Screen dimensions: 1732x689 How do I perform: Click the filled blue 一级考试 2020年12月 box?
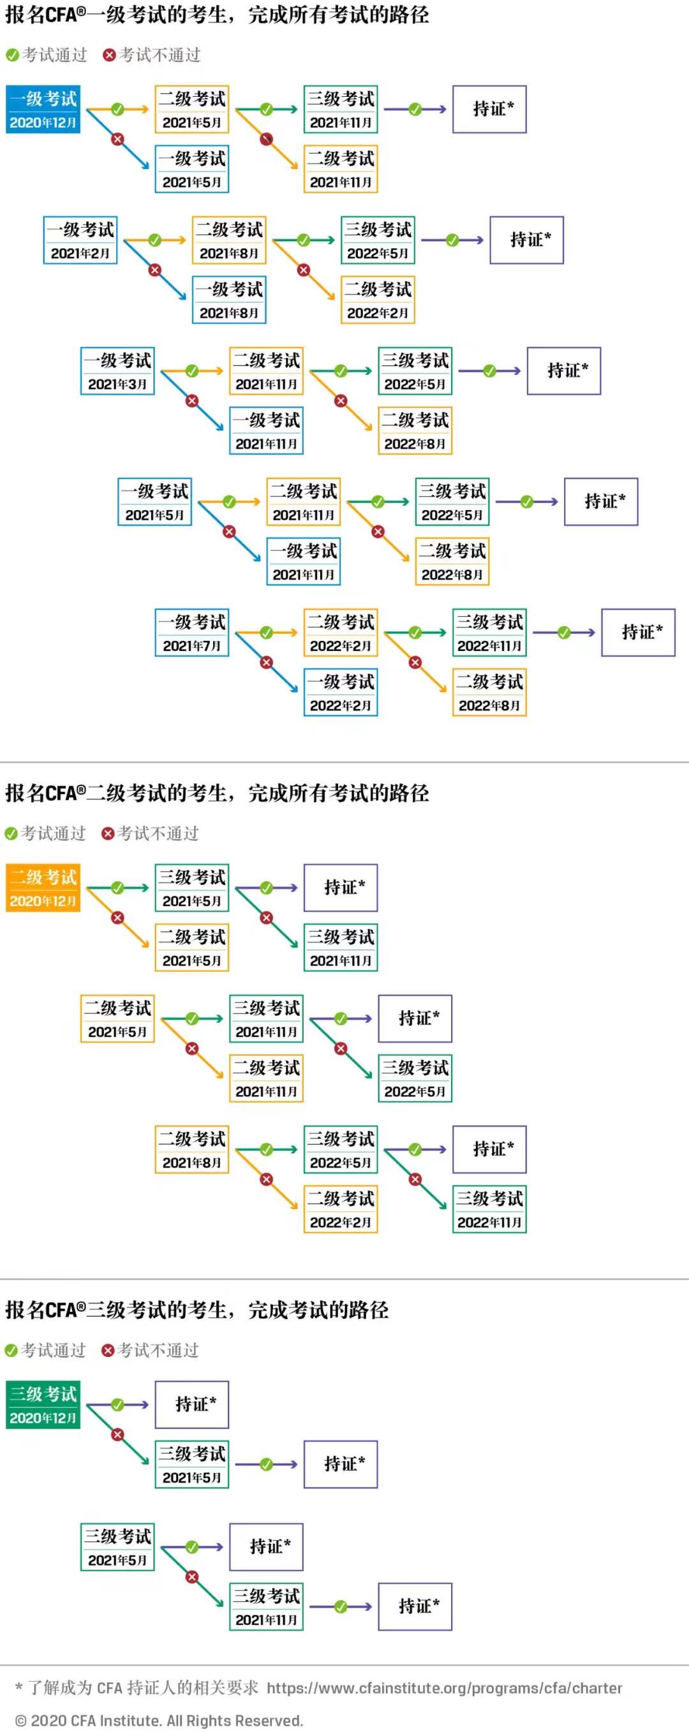click(43, 109)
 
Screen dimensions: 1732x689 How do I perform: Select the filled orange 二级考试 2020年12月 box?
click(43, 888)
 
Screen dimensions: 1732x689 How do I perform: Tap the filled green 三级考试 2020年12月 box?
click(43, 1405)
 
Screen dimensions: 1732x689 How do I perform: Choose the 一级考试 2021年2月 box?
click(80, 240)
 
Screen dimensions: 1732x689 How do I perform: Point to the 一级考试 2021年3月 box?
click(117, 371)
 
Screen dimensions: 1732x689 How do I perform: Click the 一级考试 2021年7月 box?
click(192, 632)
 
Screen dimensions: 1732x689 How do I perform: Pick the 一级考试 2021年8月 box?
click(229, 300)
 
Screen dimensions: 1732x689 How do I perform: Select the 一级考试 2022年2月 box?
click(341, 692)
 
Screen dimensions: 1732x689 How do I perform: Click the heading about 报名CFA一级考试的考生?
click(217, 15)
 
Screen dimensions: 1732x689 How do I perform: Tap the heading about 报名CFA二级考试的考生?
click(217, 793)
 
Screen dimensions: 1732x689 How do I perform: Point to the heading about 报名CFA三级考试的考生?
click(196, 1310)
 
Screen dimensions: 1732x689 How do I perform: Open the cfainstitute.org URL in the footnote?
click(444, 1687)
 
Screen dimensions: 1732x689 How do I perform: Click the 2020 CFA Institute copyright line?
click(159, 1721)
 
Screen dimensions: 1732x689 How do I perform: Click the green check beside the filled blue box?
click(118, 109)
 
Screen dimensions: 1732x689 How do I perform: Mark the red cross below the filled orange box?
click(118, 917)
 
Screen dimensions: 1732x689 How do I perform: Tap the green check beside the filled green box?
click(118, 1405)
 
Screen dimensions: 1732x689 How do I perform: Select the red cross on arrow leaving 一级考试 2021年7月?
click(267, 663)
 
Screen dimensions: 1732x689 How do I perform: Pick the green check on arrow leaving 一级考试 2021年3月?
click(192, 371)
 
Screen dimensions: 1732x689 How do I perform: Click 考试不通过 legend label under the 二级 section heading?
click(158, 833)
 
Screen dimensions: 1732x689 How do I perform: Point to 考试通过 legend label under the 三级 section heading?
click(54, 1350)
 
